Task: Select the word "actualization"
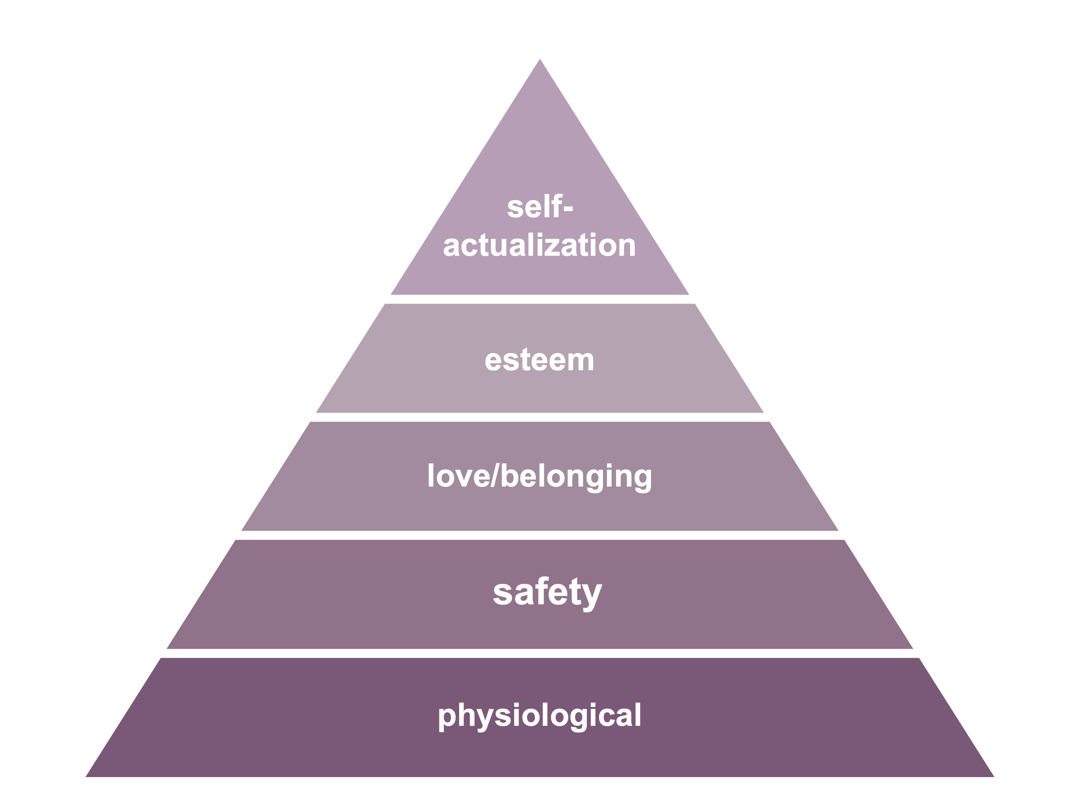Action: (x=539, y=245)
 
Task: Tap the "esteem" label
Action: (x=539, y=360)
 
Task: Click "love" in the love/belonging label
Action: (x=458, y=476)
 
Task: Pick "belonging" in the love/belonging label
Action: (x=576, y=478)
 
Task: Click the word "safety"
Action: (x=547, y=593)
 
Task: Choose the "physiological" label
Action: (x=539, y=716)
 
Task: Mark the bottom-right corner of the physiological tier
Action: (x=993, y=776)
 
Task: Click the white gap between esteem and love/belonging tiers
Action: (x=539, y=417)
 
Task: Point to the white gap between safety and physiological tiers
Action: (x=539, y=653)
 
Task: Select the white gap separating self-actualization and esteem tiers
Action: (x=539, y=299)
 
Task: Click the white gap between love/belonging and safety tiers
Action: (x=539, y=535)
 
